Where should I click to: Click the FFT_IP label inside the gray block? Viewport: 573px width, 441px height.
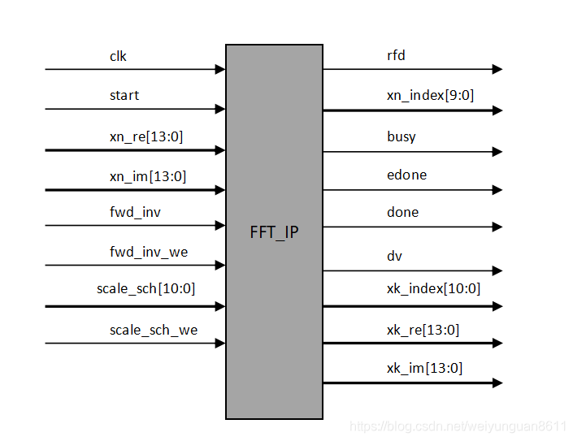click(x=274, y=232)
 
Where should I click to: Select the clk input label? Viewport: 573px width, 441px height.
click(x=119, y=56)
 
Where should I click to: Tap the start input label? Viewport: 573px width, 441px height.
click(x=124, y=95)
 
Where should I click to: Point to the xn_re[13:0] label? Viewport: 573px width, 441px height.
click(x=146, y=136)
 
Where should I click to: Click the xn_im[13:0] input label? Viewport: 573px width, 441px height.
click(x=148, y=175)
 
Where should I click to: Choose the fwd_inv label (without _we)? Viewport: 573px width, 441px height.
click(x=135, y=212)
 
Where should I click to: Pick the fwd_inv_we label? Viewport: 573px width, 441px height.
click(x=149, y=252)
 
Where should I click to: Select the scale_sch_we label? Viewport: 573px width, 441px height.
click(x=154, y=330)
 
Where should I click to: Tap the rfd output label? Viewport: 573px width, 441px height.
click(x=396, y=56)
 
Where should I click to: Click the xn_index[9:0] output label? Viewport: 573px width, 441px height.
click(x=430, y=95)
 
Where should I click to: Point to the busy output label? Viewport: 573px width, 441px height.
click(x=402, y=136)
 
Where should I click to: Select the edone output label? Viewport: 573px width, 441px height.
click(x=406, y=175)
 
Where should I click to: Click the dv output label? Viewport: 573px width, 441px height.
click(x=394, y=256)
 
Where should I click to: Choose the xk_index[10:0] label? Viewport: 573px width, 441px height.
click(x=433, y=288)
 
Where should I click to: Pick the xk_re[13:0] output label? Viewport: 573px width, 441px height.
click(x=423, y=330)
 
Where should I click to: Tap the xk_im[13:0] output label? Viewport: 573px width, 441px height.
click(x=424, y=368)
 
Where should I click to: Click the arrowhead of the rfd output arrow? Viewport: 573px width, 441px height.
click(x=497, y=70)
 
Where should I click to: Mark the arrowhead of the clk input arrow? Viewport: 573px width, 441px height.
click(x=219, y=70)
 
